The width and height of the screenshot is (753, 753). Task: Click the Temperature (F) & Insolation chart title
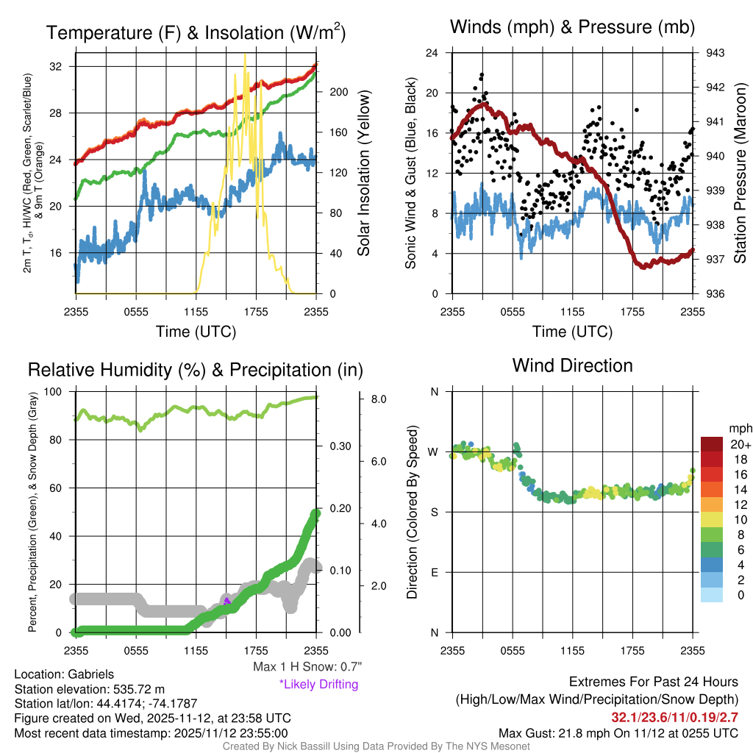coord(196,33)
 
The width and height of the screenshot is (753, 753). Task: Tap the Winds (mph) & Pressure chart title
coord(573,28)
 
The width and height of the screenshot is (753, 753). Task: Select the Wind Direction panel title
coord(573,365)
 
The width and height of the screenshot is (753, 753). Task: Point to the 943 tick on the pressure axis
coord(715,53)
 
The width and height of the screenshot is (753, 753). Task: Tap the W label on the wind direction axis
coord(434,452)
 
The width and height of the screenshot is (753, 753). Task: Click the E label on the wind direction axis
coord(434,572)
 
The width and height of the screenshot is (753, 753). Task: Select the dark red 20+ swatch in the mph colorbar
coord(713,445)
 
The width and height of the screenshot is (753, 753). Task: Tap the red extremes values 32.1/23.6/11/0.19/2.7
coord(674,717)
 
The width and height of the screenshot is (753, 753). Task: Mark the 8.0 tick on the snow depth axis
coord(378,399)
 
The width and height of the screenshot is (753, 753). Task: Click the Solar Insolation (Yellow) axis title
coord(363,174)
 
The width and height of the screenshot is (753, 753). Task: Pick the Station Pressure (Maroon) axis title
coord(740,174)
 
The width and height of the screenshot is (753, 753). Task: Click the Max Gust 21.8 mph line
coord(618,733)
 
